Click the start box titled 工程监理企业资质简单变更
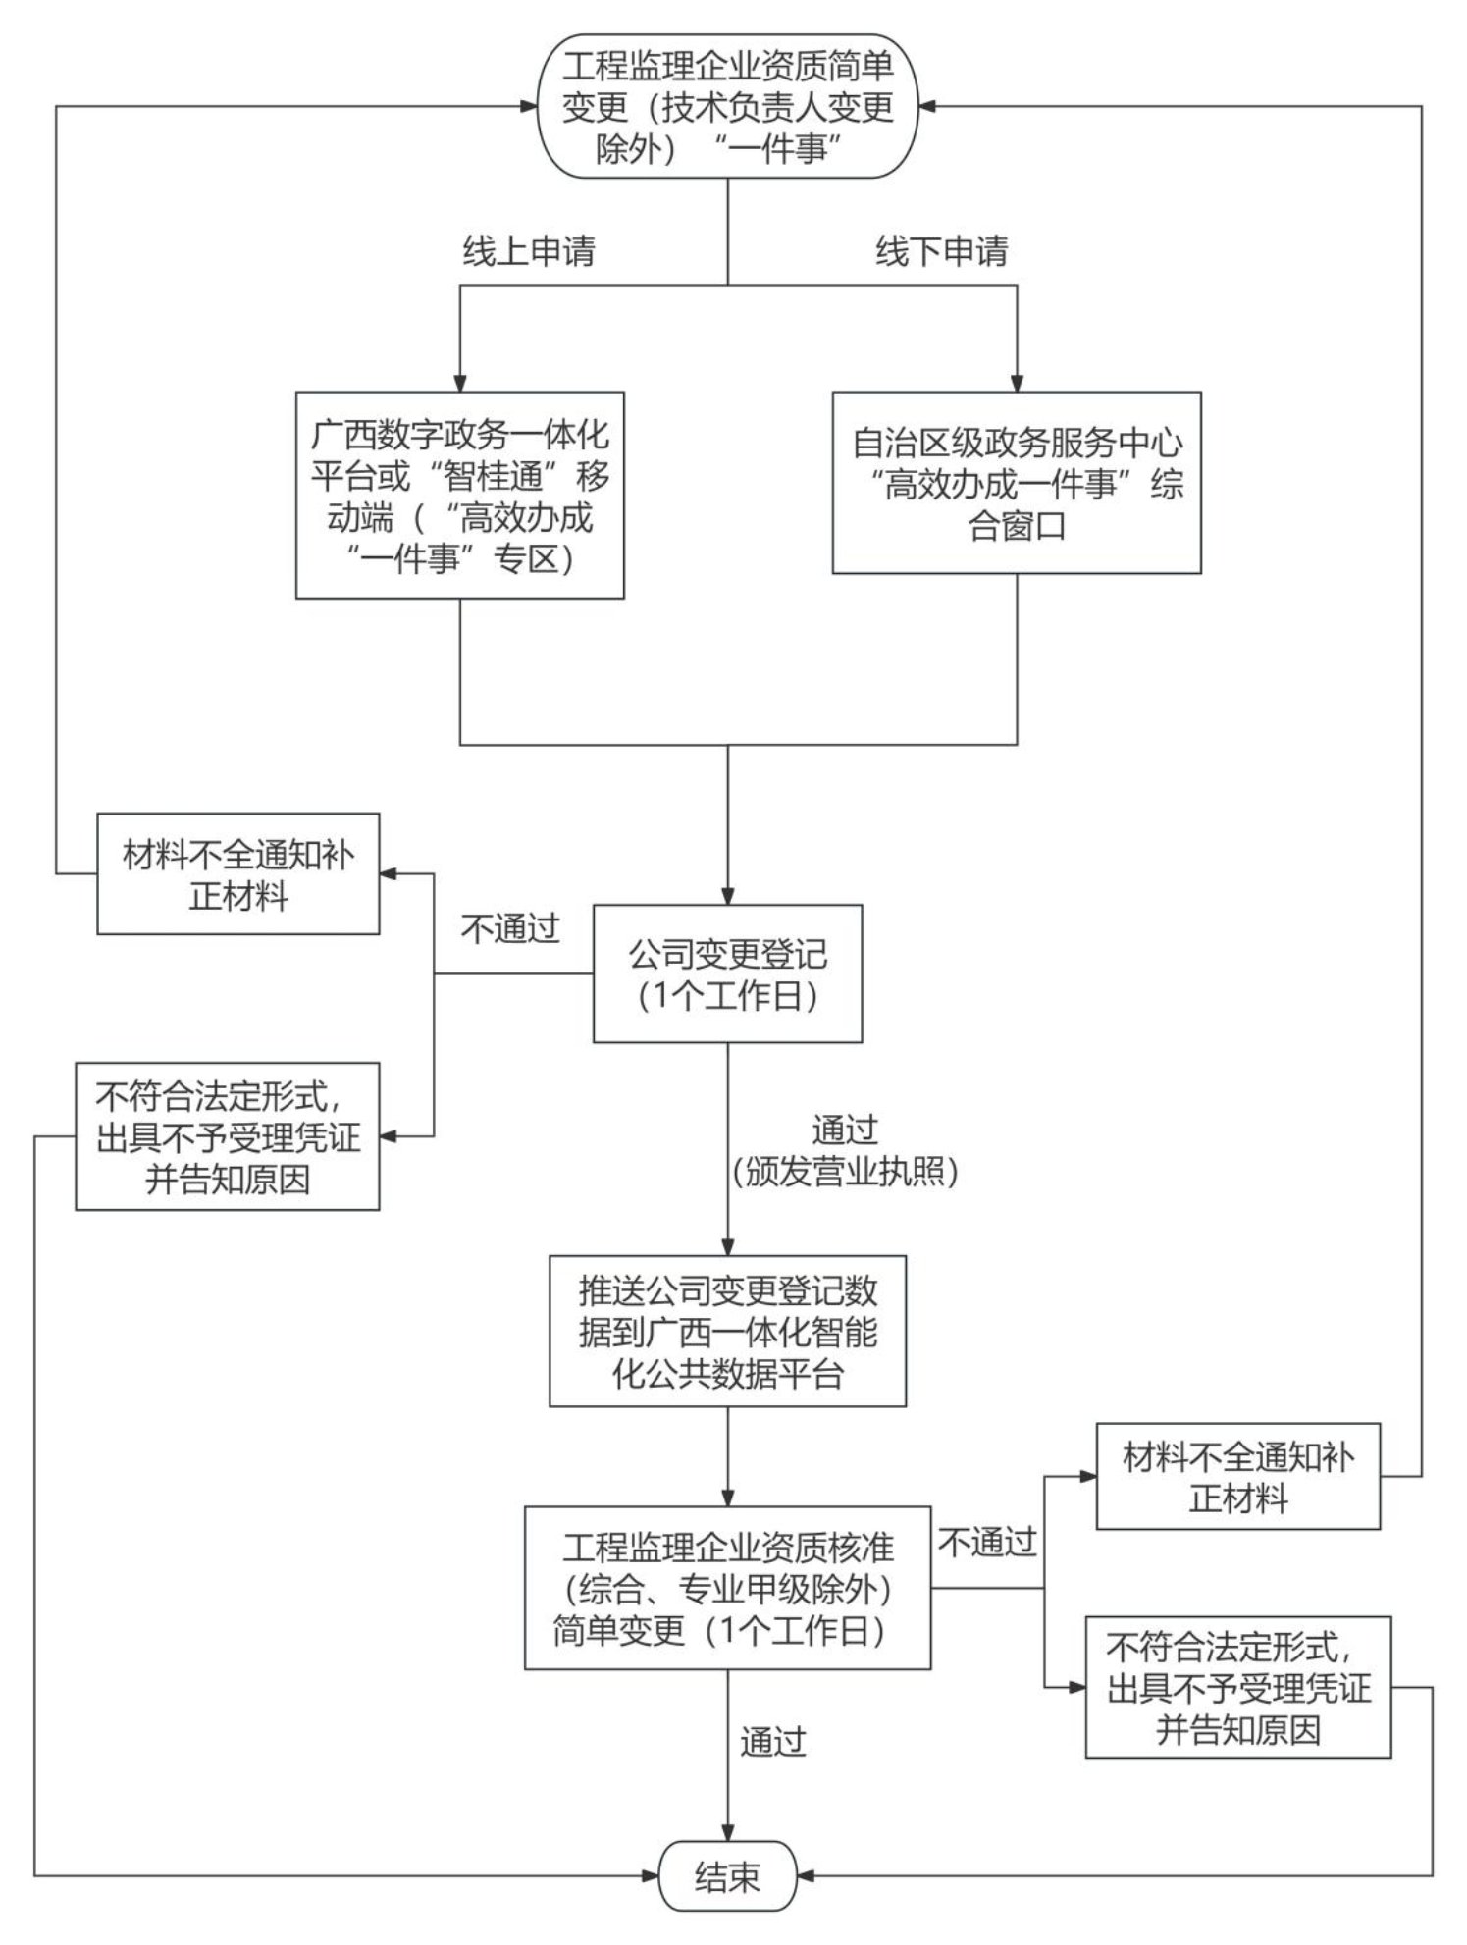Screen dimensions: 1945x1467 tap(727, 106)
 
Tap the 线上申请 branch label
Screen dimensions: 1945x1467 tap(529, 252)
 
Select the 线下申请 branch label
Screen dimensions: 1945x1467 tap(941, 252)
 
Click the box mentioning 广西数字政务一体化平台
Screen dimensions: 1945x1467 tap(459, 495)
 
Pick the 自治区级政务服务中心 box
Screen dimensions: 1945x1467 tap(1017, 483)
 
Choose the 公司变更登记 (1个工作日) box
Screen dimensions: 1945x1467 tap(727, 973)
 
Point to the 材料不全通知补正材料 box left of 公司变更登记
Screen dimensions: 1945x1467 tap(237, 873)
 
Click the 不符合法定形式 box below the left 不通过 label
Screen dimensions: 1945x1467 tap(228, 1136)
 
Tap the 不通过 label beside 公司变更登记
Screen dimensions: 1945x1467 tap(509, 928)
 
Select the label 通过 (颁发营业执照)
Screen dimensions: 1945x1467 tap(844, 1150)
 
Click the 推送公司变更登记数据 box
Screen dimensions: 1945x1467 tap(727, 1331)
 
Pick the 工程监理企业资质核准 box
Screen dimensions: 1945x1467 tap(727, 1588)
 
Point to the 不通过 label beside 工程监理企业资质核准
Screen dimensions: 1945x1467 tap(987, 1543)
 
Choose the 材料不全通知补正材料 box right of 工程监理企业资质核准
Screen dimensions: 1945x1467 tap(1237, 1476)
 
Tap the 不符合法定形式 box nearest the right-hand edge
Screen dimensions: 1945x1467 tap(1237, 1688)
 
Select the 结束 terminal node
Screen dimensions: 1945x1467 tap(727, 1876)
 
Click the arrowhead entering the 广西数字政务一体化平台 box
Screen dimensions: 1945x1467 tap(459, 383)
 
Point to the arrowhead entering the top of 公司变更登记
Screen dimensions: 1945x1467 tap(727, 895)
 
